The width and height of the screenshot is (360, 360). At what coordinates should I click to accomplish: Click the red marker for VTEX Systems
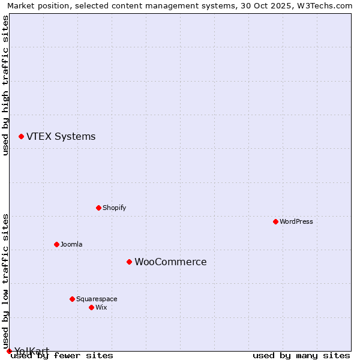[21, 137]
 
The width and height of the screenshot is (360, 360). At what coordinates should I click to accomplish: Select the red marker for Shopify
[98, 208]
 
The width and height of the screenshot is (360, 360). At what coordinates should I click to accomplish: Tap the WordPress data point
[275, 221]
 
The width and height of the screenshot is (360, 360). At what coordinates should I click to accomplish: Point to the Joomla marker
[56, 244]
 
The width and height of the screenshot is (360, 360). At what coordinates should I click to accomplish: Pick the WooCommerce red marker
[129, 262]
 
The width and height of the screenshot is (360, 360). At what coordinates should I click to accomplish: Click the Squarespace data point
[72, 299]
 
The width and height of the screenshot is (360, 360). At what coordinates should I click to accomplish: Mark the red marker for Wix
[91, 307]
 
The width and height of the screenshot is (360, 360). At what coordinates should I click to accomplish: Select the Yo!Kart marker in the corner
[9, 351]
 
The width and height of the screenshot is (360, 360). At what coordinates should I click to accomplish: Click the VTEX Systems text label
[61, 137]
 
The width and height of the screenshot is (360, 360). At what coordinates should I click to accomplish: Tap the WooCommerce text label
[170, 262]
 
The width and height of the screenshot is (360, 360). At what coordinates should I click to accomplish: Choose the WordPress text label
[296, 221]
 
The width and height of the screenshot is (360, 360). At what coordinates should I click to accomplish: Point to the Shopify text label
[114, 208]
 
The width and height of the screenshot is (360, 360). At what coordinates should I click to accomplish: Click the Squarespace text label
[97, 299]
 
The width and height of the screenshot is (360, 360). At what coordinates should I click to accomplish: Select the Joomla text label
[71, 244]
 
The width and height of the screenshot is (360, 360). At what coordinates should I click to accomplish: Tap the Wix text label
[101, 307]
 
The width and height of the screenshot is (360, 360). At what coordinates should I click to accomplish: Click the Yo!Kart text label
[31, 351]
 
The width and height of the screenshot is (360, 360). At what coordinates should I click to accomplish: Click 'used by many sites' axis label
[301, 356]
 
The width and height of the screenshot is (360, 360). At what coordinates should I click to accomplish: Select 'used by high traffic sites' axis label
[5, 85]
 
